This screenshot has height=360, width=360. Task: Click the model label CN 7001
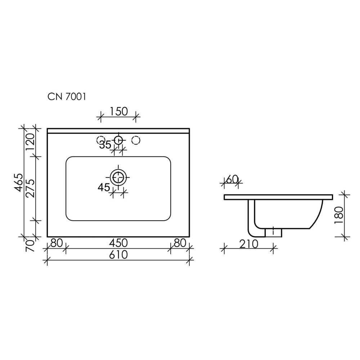67,96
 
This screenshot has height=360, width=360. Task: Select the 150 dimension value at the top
118,112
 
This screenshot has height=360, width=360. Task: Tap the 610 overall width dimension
118,255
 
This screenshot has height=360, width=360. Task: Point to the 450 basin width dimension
118,243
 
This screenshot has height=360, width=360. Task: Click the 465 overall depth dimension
19,183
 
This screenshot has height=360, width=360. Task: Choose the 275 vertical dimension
30,189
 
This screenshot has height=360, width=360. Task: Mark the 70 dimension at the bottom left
30,246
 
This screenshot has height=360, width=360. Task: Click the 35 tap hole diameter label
105,145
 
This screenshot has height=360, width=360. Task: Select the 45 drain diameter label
104,188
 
